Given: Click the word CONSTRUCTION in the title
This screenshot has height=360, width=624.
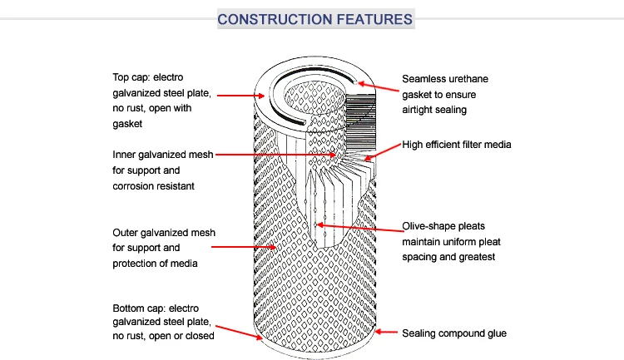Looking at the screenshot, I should (x=270, y=18).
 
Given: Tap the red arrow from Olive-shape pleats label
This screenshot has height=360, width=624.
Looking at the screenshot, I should (x=358, y=226).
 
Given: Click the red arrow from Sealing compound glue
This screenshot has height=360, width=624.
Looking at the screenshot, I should (x=384, y=333).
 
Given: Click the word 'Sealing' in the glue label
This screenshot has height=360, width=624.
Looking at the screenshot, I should (x=420, y=333).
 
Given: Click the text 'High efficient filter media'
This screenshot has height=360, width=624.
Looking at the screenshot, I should (x=456, y=145).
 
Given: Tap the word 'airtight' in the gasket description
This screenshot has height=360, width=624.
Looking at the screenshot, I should (x=421, y=109).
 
